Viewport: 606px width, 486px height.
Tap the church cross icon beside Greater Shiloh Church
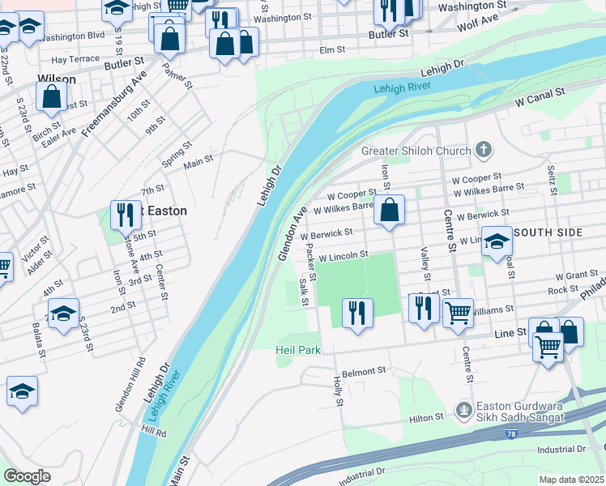484,149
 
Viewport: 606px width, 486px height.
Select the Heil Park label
297,350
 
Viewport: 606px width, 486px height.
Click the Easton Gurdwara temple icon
464,411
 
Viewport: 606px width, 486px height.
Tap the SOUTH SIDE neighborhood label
559,232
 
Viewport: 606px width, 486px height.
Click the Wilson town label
57,79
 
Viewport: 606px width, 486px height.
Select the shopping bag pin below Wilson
51,96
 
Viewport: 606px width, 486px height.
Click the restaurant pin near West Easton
124,215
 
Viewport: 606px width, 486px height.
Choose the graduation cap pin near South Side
497,241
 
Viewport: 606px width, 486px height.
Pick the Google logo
27,476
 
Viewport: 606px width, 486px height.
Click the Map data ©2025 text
571,480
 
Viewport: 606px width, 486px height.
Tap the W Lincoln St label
344,255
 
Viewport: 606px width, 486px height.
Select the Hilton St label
426,417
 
